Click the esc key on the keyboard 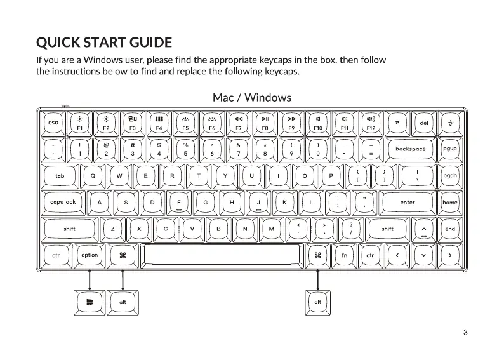point(53,123)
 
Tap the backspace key point(410,149)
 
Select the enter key point(407,203)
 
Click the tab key point(60,176)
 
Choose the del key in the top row point(424,123)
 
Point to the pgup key point(450,149)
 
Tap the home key point(450,203)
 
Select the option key point(90,255)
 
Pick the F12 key point(371,123)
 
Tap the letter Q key point(93,176)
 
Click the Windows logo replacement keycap point(90,302)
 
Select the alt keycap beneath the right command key point(318,302)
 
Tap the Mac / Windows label point(252,97)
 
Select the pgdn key point(450,176)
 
